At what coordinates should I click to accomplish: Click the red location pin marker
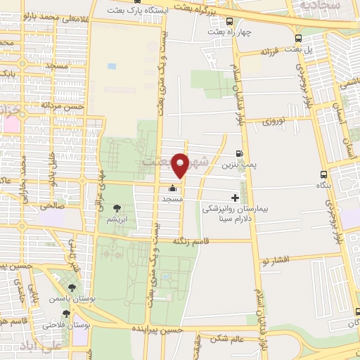(x=181, y=165)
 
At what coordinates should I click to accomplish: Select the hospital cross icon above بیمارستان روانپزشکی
(x=236, y=198)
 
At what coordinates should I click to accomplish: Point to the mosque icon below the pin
(x=173, y=188)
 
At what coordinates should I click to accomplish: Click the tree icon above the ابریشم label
(x=116, y=208)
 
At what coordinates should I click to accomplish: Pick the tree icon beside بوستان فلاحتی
(x=66, y=314)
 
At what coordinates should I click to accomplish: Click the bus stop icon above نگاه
(x=323, y=174)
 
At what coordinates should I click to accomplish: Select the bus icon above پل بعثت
(x=298, y=39)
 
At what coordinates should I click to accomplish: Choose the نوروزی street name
(x=276, y=121)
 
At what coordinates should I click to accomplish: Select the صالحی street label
(x=51, y=206)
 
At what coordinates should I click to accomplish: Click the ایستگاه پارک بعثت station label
(x=138, y=11)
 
